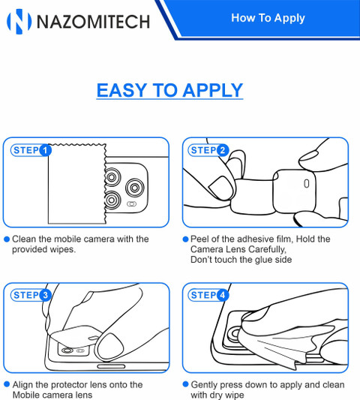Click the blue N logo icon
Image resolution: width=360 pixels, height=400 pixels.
pos(19,22)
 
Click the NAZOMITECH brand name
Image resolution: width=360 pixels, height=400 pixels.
pos(93,22)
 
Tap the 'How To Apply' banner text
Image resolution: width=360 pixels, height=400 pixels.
pos(268,18)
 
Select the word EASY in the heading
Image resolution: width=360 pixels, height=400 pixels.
pos(121,90)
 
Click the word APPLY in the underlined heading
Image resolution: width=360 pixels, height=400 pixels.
pos(213,90)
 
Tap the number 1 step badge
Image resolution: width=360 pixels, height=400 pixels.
pos(46,150)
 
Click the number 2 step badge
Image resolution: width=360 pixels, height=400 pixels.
pos(223,150)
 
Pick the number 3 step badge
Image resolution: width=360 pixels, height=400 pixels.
pos(46,295)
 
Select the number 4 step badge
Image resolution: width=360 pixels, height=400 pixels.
pos(223,295)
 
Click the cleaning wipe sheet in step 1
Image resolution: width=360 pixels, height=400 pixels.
pos(77,184)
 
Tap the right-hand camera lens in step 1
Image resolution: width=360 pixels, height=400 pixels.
pos(134,188)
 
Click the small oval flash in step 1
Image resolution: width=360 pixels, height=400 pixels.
pos(131,204)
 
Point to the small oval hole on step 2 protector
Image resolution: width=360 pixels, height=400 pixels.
pos(307,183)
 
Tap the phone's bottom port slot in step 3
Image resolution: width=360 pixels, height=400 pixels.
pos(111,366)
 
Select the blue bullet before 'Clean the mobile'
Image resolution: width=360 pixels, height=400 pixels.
pos(7,239)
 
